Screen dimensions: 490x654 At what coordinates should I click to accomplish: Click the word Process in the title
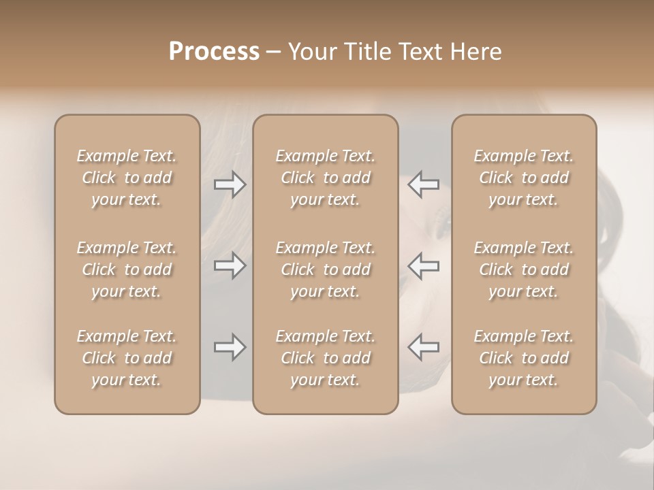pos(214,52)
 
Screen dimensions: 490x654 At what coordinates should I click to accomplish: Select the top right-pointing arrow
pos(230,184)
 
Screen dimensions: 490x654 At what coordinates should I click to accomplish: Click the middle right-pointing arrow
pos(230,265)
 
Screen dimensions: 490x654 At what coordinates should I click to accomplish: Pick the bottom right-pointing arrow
pos(230,348)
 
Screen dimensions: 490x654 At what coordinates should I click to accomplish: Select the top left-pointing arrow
pos(424,184)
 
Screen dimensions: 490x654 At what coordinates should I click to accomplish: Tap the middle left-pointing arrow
pos(424,265)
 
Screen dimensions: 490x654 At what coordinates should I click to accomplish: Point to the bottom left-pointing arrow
pos(424,348)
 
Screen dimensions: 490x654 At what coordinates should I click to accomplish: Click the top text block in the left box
pos(127,178)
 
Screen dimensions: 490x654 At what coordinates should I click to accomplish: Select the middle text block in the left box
pos(127,269)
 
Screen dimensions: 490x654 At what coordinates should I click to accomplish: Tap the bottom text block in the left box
pos(127,358)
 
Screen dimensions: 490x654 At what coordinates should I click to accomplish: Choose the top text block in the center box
pos(325,178)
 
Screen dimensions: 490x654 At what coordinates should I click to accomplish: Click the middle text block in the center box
pos(325,269)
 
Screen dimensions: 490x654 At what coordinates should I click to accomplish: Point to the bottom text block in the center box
pos(325,358)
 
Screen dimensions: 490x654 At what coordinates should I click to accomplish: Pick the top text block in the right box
pos(523,178)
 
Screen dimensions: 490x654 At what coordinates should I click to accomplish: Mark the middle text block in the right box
pos(523,269)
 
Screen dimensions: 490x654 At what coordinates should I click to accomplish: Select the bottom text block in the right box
pos(523,358)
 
